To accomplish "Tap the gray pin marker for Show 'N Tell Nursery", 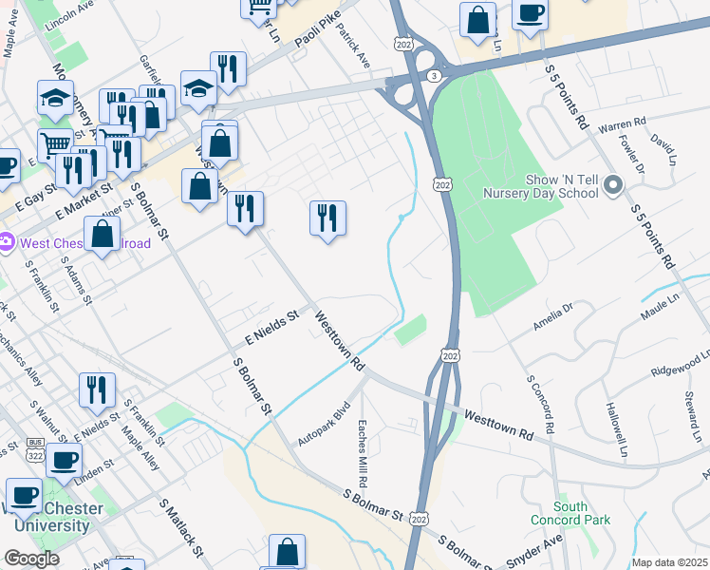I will (x=612, y=184).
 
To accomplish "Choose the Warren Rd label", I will (x=622, y=123).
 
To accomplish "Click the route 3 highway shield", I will (x=432, y=74).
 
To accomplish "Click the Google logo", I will (x=30, y=559).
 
